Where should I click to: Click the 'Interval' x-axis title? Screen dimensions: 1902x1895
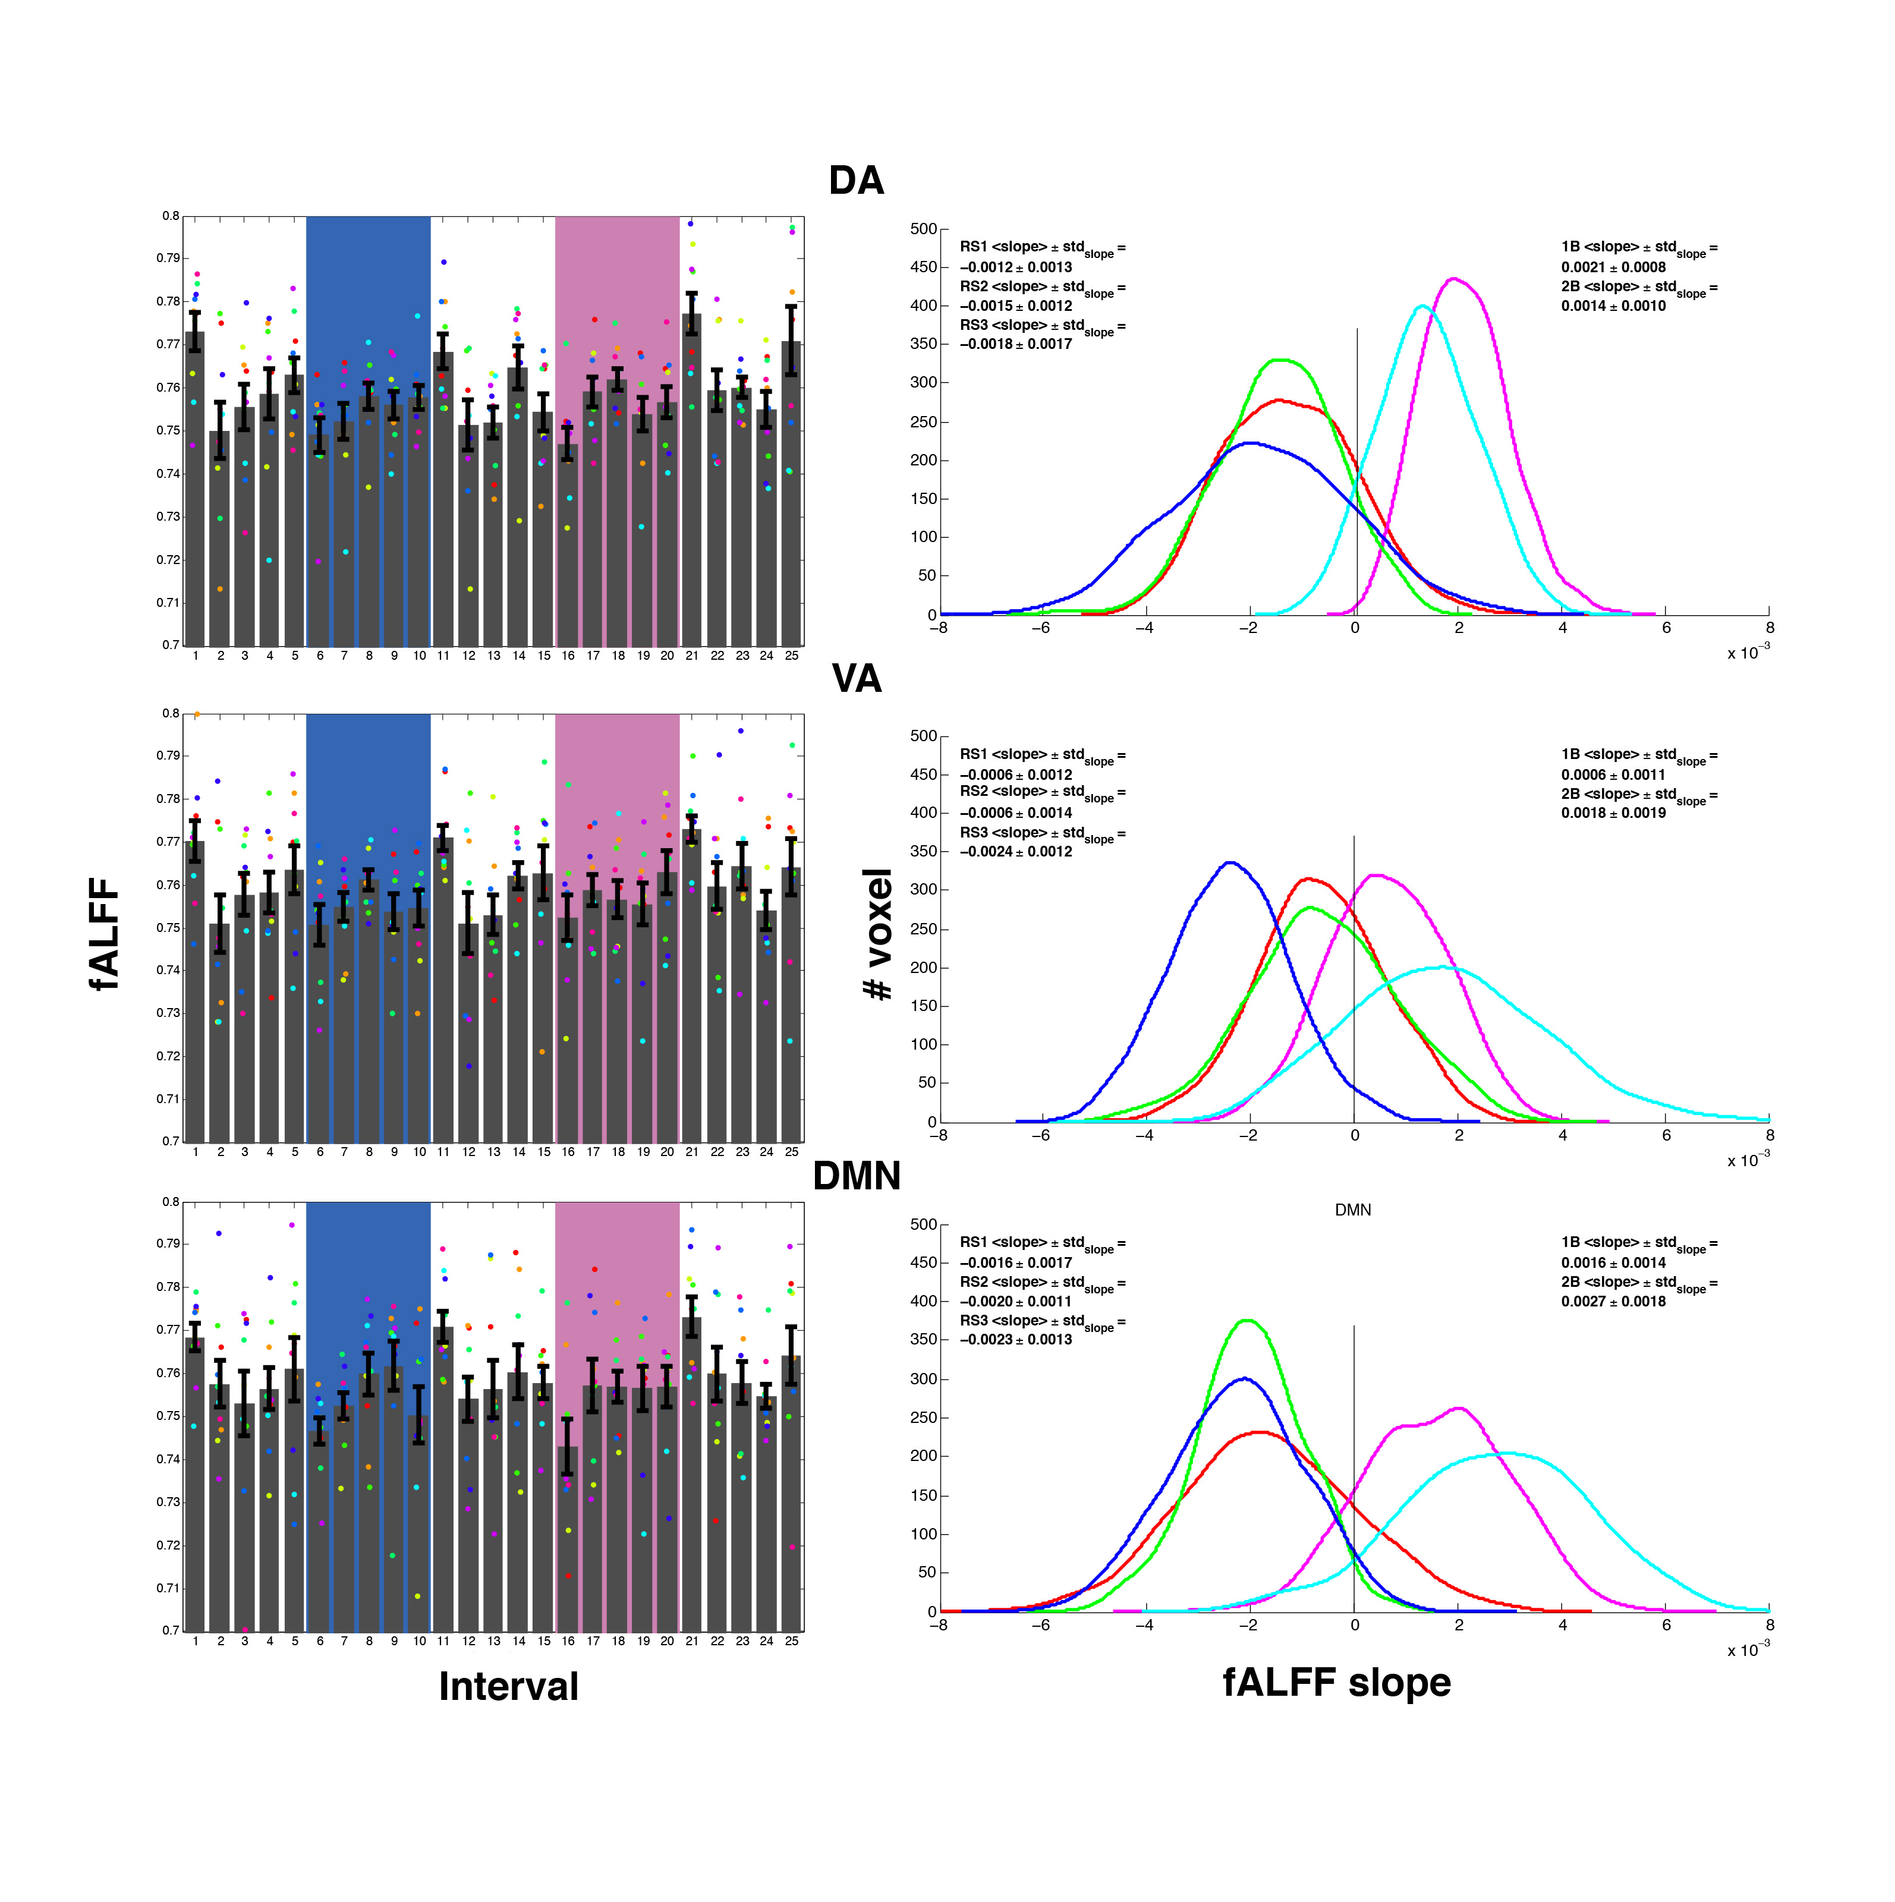coord(508,1686)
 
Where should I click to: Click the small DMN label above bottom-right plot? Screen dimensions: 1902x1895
coord(1352,1210)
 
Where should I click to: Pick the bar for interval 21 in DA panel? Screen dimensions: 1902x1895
coord(692,483)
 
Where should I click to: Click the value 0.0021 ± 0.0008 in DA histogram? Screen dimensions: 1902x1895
coord(1613,267)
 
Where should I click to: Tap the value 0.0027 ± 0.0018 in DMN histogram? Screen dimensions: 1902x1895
coord(1613,1302)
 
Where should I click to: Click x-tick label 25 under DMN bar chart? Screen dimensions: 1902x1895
coord(792,1641)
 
